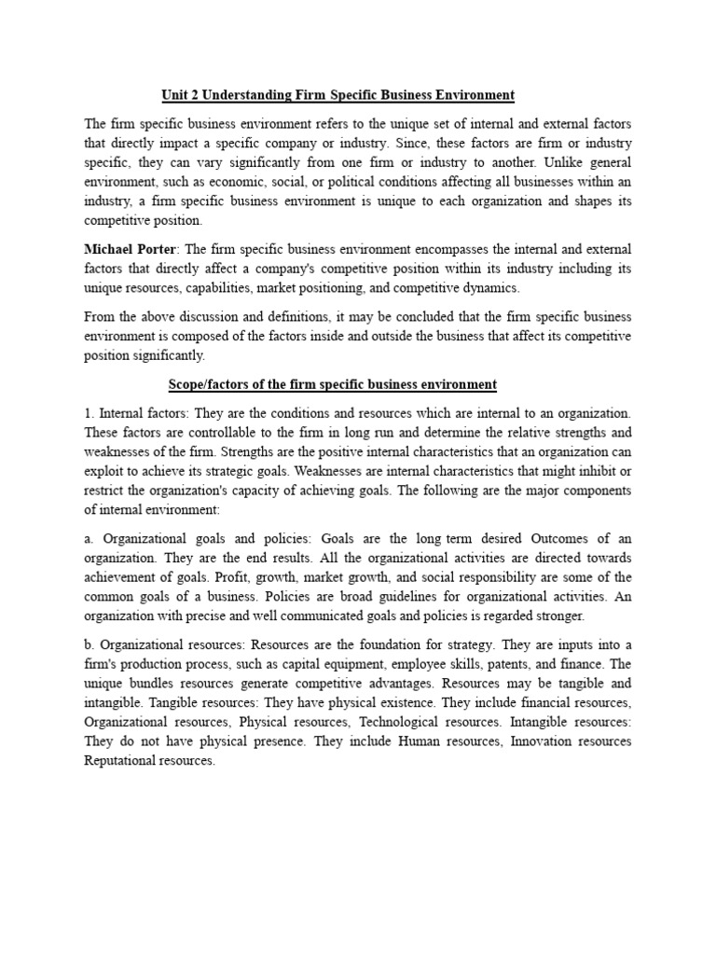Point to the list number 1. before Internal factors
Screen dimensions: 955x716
point(89,411)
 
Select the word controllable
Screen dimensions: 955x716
point(224,432)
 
